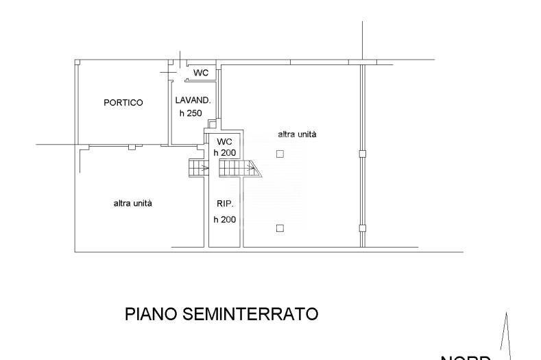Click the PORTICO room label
click(123, 103)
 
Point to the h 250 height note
click(191, 114)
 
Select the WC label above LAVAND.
click(200, 73)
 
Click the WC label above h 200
click(225, 141)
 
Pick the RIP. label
click(225, 204)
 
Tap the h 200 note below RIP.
click(225, 219)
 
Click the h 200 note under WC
click(225, 152)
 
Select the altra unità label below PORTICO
click(133, 204)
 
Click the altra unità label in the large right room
click(297, 135)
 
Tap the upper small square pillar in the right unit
click(280, 154)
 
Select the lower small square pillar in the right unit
click(280, 228)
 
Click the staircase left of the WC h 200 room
click(199, 168)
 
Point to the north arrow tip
click(506, 314)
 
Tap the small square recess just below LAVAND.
click(212, 124)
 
